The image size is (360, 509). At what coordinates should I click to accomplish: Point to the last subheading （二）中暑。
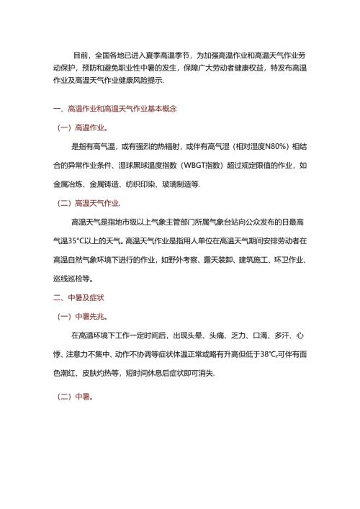click(76, 397)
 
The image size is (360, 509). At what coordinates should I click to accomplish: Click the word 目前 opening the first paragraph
click(82, 53)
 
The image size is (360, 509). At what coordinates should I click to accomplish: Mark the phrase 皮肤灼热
click(104, 372)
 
